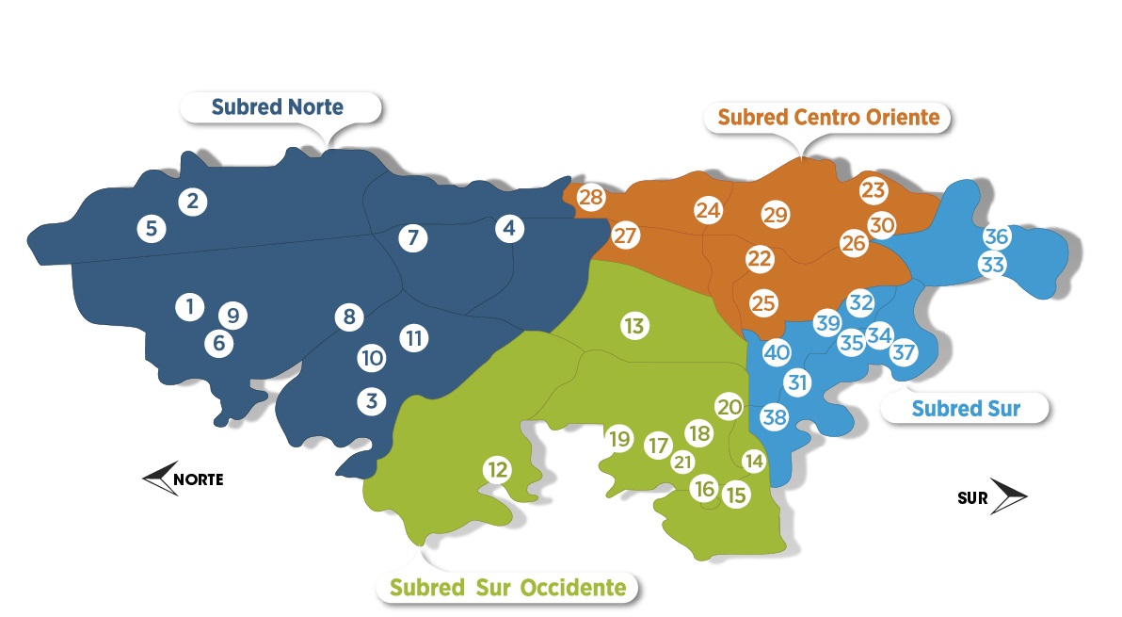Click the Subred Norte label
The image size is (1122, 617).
279,107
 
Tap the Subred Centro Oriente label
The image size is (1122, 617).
828,118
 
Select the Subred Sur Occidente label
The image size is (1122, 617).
508,588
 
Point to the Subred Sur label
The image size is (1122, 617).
966,409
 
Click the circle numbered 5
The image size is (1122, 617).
151,228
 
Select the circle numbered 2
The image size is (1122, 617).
192,201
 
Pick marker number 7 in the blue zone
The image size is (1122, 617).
412,237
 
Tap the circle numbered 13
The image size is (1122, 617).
633,326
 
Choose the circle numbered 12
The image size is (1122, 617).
498,469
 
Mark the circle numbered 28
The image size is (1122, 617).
591,198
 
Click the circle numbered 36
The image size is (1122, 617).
997,236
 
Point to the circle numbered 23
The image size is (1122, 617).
874,190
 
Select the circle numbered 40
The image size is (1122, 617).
777,353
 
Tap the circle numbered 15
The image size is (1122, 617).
736,494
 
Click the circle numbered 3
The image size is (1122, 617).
372,401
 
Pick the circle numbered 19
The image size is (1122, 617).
619,438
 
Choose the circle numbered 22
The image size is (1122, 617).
760,258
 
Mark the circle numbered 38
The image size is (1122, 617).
775,415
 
